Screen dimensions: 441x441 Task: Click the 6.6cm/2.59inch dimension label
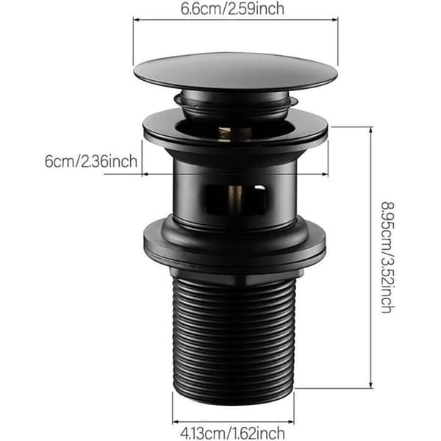(232, 9)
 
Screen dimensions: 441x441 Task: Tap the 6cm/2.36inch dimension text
(91, 162)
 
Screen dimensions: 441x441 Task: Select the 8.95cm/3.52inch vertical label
(388, 257)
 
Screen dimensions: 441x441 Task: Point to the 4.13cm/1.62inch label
(232, 433)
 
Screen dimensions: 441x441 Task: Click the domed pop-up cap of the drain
(236, 72)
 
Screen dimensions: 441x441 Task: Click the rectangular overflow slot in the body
(236, 199)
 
